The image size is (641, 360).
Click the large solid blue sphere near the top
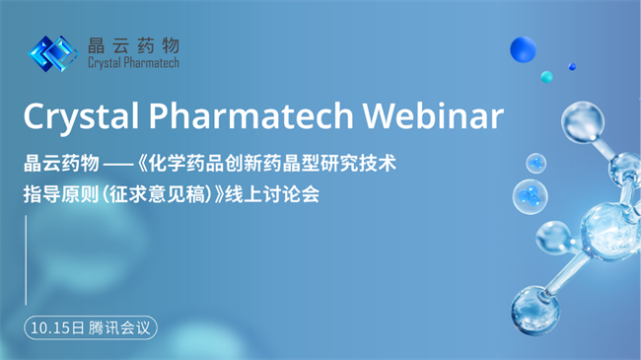click(523, 50)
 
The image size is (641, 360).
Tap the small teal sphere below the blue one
click(546, 76)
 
